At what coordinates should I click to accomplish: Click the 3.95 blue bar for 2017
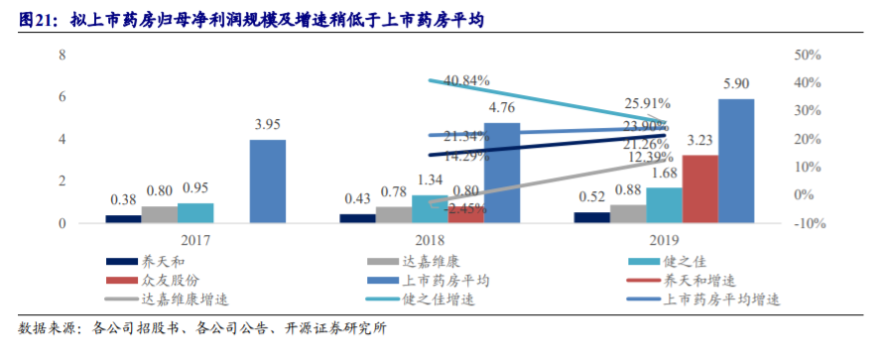click(x=267, y=181)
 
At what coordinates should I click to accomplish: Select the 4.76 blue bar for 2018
click(x=501, y=174)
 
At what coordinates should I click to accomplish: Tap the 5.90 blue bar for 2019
click(x=735, y=162)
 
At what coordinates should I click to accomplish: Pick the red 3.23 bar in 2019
click(x=699, y=189)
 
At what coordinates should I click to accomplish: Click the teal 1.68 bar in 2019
click(x=664, y=205)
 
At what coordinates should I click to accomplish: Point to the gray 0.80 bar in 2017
click(x=160, y=214)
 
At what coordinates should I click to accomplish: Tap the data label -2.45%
click(x=466, y=209)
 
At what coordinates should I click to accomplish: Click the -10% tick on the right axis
click(x=809, y=224)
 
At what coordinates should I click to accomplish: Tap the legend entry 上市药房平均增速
click(x=726, y=300)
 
